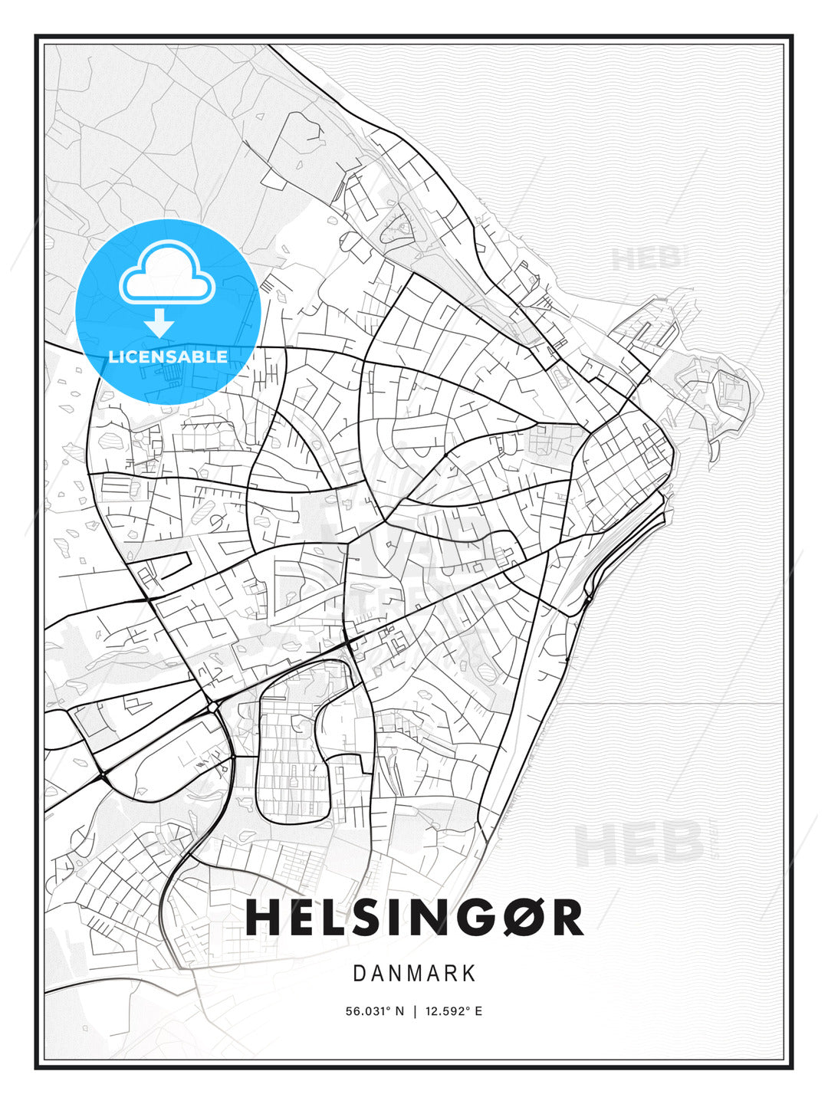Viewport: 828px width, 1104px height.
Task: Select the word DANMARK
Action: coord(414,974)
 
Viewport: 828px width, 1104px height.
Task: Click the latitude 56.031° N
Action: coord(374,1011)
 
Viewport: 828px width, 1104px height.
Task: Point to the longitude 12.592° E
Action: coord(454,1011)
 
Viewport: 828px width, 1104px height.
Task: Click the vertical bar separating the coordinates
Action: coord(415,1011)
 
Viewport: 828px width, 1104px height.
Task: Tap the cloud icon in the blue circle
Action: coord(166,272)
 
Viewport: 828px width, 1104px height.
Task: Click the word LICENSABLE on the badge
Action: coord(168,356)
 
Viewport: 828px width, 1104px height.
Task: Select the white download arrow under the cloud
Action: coord(159,323)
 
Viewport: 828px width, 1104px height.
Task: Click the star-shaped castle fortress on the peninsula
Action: coord(728,391)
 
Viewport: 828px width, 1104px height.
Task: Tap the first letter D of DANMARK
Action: coord(359,974)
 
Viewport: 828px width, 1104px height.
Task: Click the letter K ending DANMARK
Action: coord(469,974)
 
